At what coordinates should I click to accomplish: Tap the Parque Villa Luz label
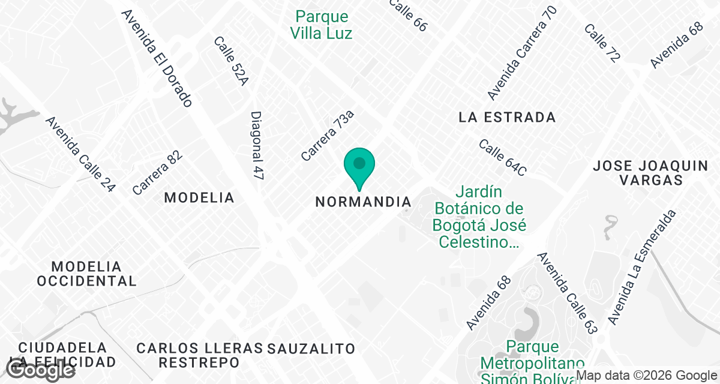pyautogui.click(x=321, y=25)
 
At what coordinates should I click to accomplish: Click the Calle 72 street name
pyautogui.click(x=602, y=43)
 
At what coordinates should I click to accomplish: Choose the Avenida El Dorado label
pyautogui.click(x=157, y=58)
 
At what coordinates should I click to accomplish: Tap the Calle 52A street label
pyautogui.click(x=230, y=61)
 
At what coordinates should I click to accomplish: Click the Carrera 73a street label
pyautogui.click(x=328, y=135)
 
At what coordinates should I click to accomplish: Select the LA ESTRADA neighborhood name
pyautogui.click(x=507, y=117)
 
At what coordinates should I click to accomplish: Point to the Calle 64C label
pyautogui.click(x=502, y=158)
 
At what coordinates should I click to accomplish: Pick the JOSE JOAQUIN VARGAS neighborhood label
pyautogui.click(x=650, y=173)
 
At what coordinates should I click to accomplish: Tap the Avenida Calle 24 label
pyautogui.click(x=80, y=154)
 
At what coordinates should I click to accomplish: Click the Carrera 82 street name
pyautogui.click(x=157, y=173)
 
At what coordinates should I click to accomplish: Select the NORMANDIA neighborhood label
pyautogui.click(x=364, y=202)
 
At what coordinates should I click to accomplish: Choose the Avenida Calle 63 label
pyautogui.click(x=568, y=293)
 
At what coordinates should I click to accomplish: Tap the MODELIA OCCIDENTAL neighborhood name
pyautogui.click(x=86, y=273)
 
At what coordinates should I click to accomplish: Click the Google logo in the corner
pyautogui.click(x=40, y=370)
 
